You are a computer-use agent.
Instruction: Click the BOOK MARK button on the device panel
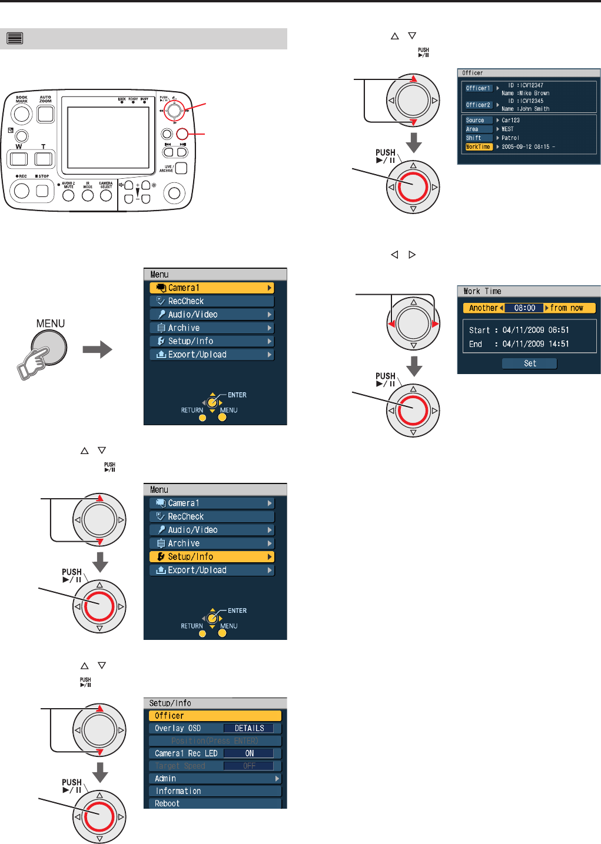(x=22, y=114)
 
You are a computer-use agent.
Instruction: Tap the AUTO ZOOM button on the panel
(x=45, y=114)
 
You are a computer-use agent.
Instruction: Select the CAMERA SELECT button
(x=106, y=195)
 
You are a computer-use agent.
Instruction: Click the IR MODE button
(x=88, y=195)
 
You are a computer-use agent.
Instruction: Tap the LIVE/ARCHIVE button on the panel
(x=181, y=168)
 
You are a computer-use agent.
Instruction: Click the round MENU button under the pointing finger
(x=49, y=347)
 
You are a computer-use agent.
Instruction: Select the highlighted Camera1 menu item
(x=212, y=288)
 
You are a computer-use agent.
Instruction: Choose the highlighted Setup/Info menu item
(x=212, y=556)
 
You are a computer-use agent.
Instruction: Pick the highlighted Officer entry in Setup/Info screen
(x=215, y=716)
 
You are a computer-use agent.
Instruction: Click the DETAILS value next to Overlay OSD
(x=250, y=728)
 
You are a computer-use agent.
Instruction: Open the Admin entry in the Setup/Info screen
(x=215, y=779)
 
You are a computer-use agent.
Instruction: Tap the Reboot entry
(x=215, y=803)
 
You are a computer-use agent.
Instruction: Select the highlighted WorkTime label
(x=478, y=147)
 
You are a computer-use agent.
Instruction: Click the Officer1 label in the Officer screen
(x=478, y=88)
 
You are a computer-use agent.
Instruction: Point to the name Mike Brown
(x=533, y=93)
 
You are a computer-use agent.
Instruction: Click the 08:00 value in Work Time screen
(x=524, y=308)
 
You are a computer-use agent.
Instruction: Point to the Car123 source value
(x=510, y=120)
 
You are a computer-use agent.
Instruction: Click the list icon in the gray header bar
(x=15, y=39)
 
